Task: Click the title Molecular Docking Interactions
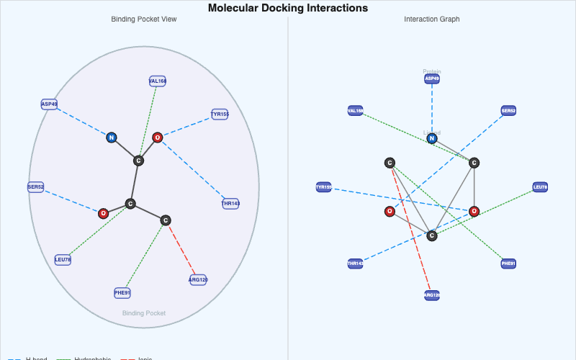click(288, 8)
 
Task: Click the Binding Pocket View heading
click(144, 19)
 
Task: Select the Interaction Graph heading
click(432, 19)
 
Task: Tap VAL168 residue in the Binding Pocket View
click(158, 81)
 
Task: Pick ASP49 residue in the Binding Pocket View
click(49, 104)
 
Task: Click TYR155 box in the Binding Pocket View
click(220, 114)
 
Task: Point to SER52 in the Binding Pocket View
click(36, 187)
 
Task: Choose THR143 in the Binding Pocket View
click(230, 204)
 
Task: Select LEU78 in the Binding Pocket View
click(63, 260)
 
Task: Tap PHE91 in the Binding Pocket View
click(122, 293)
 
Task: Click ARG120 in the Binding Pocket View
click(199, 279)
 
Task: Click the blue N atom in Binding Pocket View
click(112, 138)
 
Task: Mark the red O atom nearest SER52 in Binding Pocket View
click(103, 213)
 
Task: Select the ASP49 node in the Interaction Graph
click(432, 78)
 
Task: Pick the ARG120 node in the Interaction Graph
click(432, 295)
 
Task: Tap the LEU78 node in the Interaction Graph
click(540, 187)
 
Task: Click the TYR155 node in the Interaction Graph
click(324, 187)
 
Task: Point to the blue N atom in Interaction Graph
click(432, 138)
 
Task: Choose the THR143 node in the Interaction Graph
click(355, 264)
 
